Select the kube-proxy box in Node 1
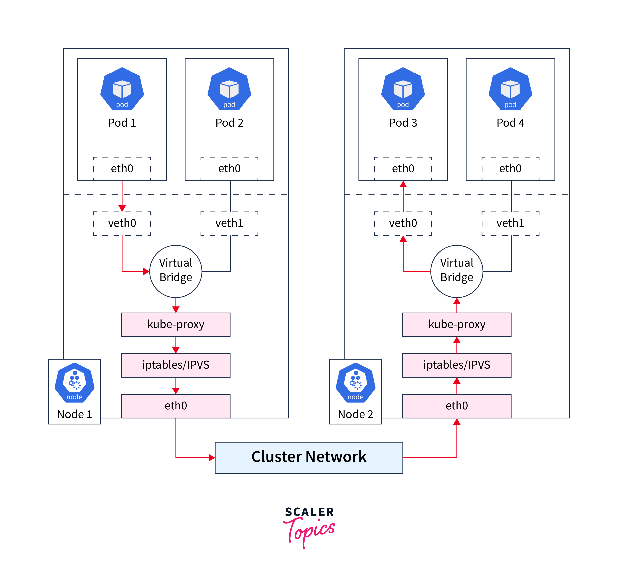pyautogui.click(x=176, y=325)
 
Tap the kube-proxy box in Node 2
pyautogui.click(x=457, y=325)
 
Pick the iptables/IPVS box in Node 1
pyautogui.click(x=176, y=365)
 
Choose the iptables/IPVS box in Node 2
pyautogui.click(x=457, y=365)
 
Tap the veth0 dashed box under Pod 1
pyautogui.click(x=122, y=223)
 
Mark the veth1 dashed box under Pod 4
pyautogui.click(x=510, y=223)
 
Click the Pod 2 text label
pyautogui.click(x=229, y=123)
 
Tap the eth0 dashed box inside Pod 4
pyautogui.click(x=510, y=168)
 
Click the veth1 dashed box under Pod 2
pyautogui.click(x=229, y=223)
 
